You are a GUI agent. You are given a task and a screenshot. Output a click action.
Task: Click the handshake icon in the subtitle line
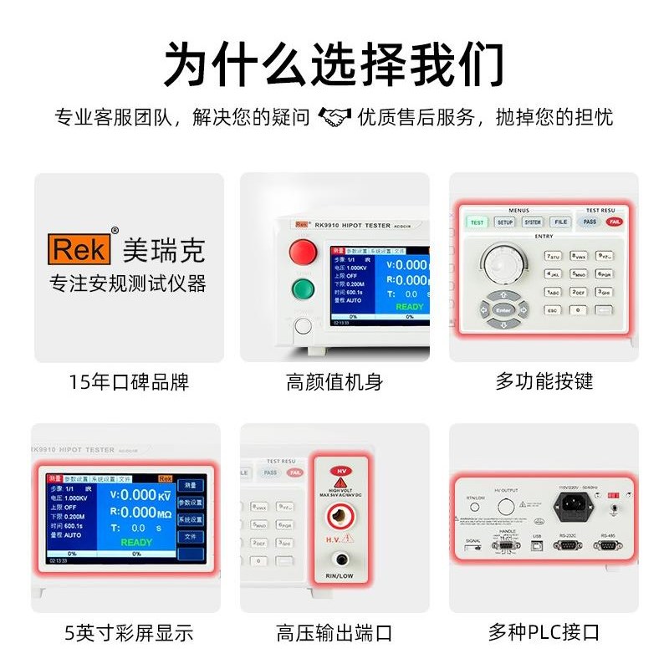[x=334, y=116]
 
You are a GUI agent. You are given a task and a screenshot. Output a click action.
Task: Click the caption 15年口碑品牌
[x=129, y=382]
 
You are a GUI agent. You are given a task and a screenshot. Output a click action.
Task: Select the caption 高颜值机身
[x=334, y=382]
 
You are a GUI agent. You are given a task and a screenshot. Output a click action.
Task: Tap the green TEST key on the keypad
[x=477, y=222]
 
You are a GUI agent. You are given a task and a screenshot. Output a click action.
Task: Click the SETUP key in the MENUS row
[x=504, y=222]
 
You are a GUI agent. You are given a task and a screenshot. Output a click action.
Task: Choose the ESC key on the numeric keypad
[x=552, y=310]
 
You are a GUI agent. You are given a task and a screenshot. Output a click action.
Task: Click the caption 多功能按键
[x=544, y=382]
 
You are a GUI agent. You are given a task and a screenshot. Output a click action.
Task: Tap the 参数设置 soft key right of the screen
[x=191, y=502]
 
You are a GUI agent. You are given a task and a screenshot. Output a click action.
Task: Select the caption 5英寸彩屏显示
[x=129, y=633]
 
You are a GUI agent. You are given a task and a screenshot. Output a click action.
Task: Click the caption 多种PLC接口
[x=544, y=633]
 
